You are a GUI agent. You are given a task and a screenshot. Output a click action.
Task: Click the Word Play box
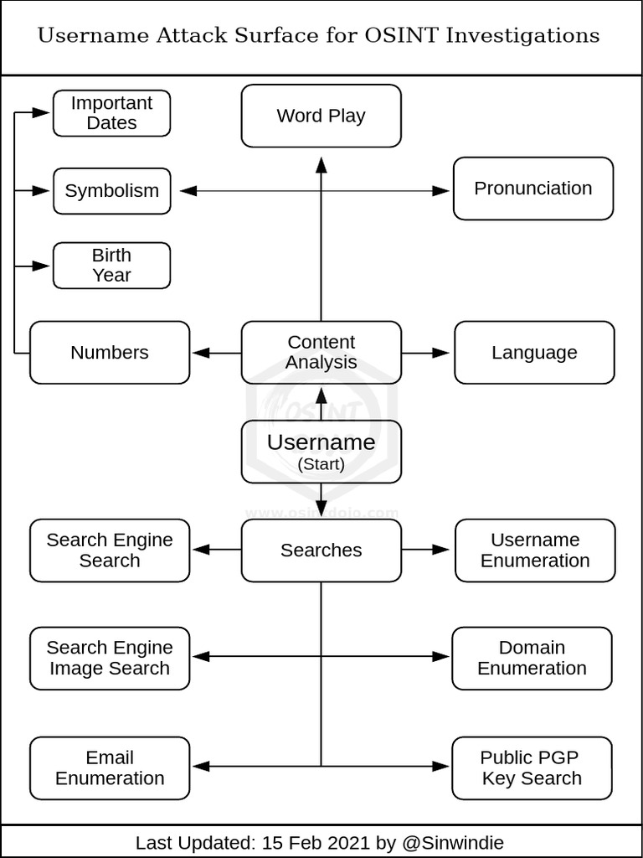321,116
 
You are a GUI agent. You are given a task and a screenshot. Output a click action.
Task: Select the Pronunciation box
532,189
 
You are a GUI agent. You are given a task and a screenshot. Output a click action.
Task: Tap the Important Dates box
111,113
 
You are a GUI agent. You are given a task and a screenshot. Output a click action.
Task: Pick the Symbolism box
111,191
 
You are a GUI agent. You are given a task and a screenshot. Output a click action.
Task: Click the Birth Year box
111,266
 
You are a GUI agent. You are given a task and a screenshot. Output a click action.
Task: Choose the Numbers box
110,353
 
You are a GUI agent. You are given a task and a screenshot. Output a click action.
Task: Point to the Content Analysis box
321,353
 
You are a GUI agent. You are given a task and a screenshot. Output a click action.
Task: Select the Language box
534,353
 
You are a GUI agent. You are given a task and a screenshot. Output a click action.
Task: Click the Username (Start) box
321,452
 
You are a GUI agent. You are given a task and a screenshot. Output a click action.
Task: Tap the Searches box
321,550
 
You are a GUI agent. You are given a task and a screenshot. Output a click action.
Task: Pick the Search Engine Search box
110,550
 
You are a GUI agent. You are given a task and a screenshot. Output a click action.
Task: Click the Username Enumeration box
535,550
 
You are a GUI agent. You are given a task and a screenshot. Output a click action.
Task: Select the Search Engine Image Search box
110,659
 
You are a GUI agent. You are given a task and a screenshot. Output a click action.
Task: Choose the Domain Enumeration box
532,659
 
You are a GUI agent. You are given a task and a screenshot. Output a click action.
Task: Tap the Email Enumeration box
110,768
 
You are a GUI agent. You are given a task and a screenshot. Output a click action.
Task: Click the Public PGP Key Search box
532,768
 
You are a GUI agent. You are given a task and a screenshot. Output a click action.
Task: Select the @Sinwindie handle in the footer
453,842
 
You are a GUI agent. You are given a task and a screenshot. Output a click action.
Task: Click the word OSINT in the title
399,35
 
